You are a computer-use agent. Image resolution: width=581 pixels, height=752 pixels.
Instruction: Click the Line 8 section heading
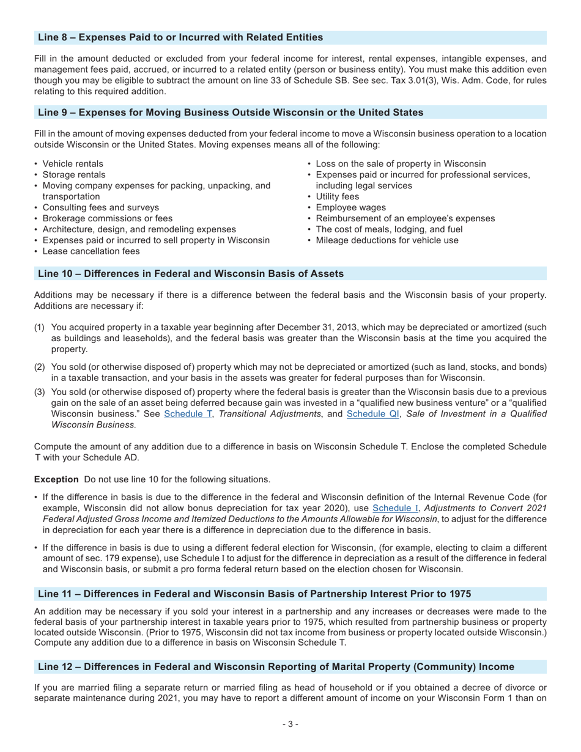(x=180, y=38)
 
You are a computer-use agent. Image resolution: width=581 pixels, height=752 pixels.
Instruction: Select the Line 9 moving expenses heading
(x=230, y=112)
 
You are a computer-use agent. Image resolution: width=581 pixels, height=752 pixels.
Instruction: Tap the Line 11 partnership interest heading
(x=254, y=594)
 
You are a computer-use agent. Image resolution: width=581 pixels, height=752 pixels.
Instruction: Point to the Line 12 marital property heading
(x=276, y=666)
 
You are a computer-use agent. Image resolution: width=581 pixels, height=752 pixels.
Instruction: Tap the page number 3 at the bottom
(x=290, y=724)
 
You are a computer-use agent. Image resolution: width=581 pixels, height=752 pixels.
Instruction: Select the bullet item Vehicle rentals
(x=72, y=164)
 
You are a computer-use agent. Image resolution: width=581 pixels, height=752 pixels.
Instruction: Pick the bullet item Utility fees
(x=337, y=196)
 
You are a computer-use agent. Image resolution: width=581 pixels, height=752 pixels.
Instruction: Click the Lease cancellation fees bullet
(x=91, y=251)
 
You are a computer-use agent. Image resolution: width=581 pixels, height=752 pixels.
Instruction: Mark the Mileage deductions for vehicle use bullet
(x=387, y=240)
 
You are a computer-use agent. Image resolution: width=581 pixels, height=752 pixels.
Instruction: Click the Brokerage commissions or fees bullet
(x=107, y=218)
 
